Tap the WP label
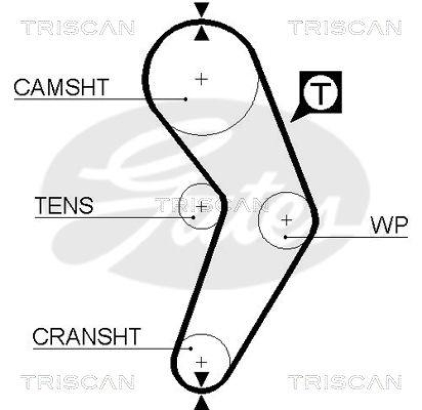pyautogui.click(x=389, y=226)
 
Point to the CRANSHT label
pyautogui.click(x=87, y=336)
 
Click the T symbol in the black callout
pyautogui.click(x=321, y=93)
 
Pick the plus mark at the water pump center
pyautogui.click(x=286, y=220)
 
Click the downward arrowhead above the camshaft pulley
pyautogui.click(x=202, y=10)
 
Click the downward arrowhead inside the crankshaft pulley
pyautogui.click(x=202, y=379)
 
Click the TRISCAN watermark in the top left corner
pyautogui.click(x=78, y=27)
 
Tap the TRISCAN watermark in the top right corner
pyautogui.click(x=344, y=27)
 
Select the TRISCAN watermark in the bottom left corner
pyautogui.click(x=78, y=381)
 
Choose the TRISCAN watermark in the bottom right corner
pyautogui.click(x=344, y=381)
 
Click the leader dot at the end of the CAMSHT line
pyautogui.click(x=186, y=98)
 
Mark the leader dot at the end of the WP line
pyautogui.click(x=285, y=237)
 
